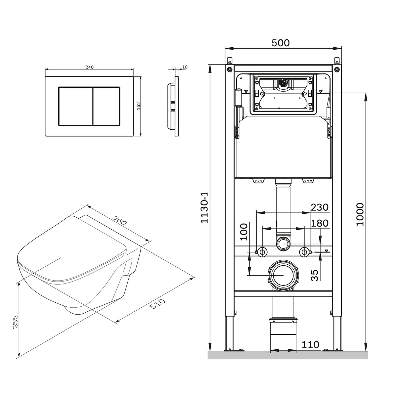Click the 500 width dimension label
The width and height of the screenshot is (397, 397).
[x=281, y=43]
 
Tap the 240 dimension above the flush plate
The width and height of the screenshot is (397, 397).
[x=89, y=67]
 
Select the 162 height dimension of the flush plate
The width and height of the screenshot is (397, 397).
[x=138, y=106]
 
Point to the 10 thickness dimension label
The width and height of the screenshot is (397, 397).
[x=185, y=67]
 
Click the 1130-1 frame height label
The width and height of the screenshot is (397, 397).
[x=204, y=208]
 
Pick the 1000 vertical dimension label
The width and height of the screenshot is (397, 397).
[x=360, y=214]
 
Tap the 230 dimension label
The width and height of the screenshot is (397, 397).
[x=320, y=207]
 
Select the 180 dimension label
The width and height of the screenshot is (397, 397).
[x=320, y=223]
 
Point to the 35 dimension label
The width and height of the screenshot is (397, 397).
[x=315, y=275]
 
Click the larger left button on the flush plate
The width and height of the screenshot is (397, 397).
[x=76, y=106]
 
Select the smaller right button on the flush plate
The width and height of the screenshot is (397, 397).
[x=107, y=106]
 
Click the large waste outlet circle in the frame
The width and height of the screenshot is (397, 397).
[x=283, y=275]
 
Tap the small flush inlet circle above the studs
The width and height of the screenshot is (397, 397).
[x=283, y=244]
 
